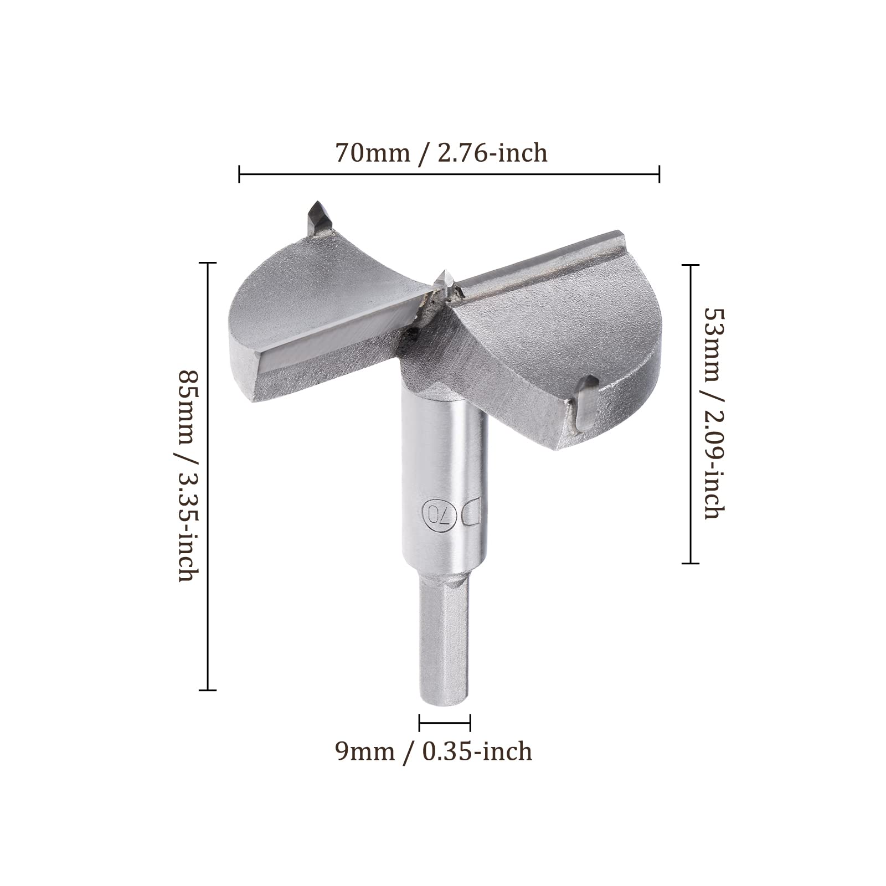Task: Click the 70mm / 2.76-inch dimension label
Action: click(x=441, y=153)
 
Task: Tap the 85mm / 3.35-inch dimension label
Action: click(x=186, y=476)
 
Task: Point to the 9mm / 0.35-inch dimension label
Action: click(x=434, y=752)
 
